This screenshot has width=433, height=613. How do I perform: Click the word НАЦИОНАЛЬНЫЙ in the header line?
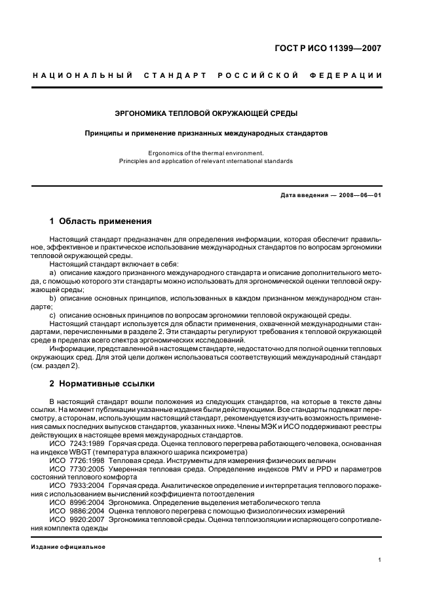(x=83, y=75)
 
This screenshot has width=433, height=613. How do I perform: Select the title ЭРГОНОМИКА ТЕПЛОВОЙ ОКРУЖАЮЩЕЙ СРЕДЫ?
(x=206, y=113)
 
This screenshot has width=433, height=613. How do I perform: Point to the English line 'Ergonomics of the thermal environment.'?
(x=206, y=153)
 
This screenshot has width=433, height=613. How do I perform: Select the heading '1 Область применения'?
(x=100, y=221)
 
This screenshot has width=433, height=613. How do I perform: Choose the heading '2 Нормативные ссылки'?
(x=102, y=383)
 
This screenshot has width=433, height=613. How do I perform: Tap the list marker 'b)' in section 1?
(x=53, y=297)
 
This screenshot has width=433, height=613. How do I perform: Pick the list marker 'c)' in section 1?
(x=53, y=314)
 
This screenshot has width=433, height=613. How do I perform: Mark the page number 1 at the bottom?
(x=380, y=560)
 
